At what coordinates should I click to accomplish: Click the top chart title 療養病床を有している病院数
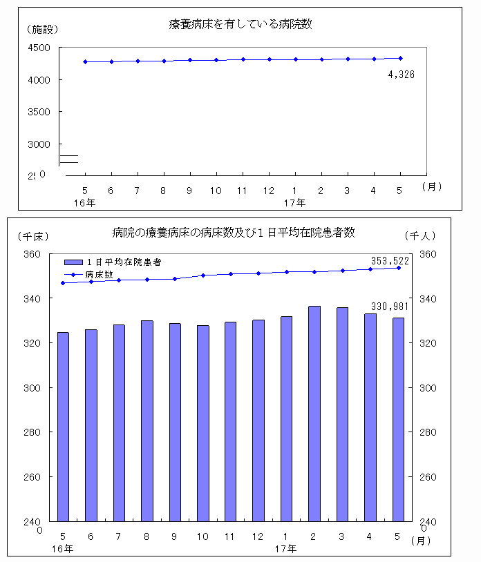240,24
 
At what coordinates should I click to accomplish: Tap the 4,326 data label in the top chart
401,75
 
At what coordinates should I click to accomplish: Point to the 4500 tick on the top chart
40,48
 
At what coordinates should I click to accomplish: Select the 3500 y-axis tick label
40,111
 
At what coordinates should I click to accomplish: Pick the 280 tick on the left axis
33,433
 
